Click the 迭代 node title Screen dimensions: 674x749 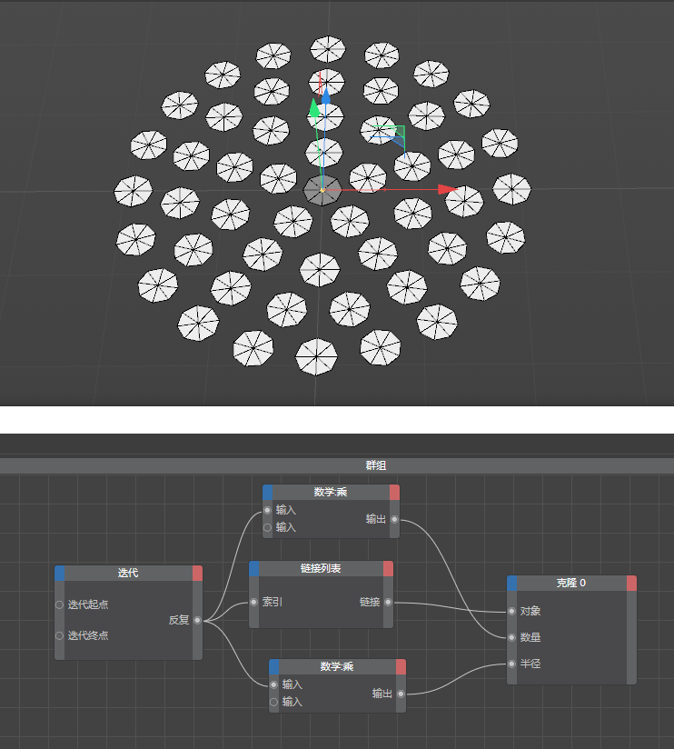pos(128,573)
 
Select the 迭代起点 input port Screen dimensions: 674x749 pos(59,604)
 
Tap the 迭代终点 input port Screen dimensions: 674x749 pos(59,635)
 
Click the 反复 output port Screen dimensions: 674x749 pos(197,620)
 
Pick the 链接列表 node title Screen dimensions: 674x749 pos(321,568)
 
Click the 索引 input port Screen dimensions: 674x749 pos(254,602)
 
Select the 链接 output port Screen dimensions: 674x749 pos(388,602)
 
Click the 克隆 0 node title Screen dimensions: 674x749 pos(570,583)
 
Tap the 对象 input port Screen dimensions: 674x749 pos(511,611)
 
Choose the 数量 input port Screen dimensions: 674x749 pos(511,637)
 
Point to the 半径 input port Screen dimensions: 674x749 pos(511,664)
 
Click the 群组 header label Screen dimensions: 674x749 pos(376,465)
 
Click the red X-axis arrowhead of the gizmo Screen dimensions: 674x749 pos(448,190)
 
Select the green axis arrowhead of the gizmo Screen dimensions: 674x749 pos(314,108)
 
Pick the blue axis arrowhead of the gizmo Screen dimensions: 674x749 pos(325,95)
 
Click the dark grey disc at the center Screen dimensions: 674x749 pos(322,190)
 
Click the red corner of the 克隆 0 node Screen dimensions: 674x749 pos(631,583)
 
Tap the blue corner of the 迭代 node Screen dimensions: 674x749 pos(60,574)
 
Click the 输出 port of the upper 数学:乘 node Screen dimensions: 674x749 pos(394,519)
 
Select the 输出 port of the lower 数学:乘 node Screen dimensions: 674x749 pos(401,694)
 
